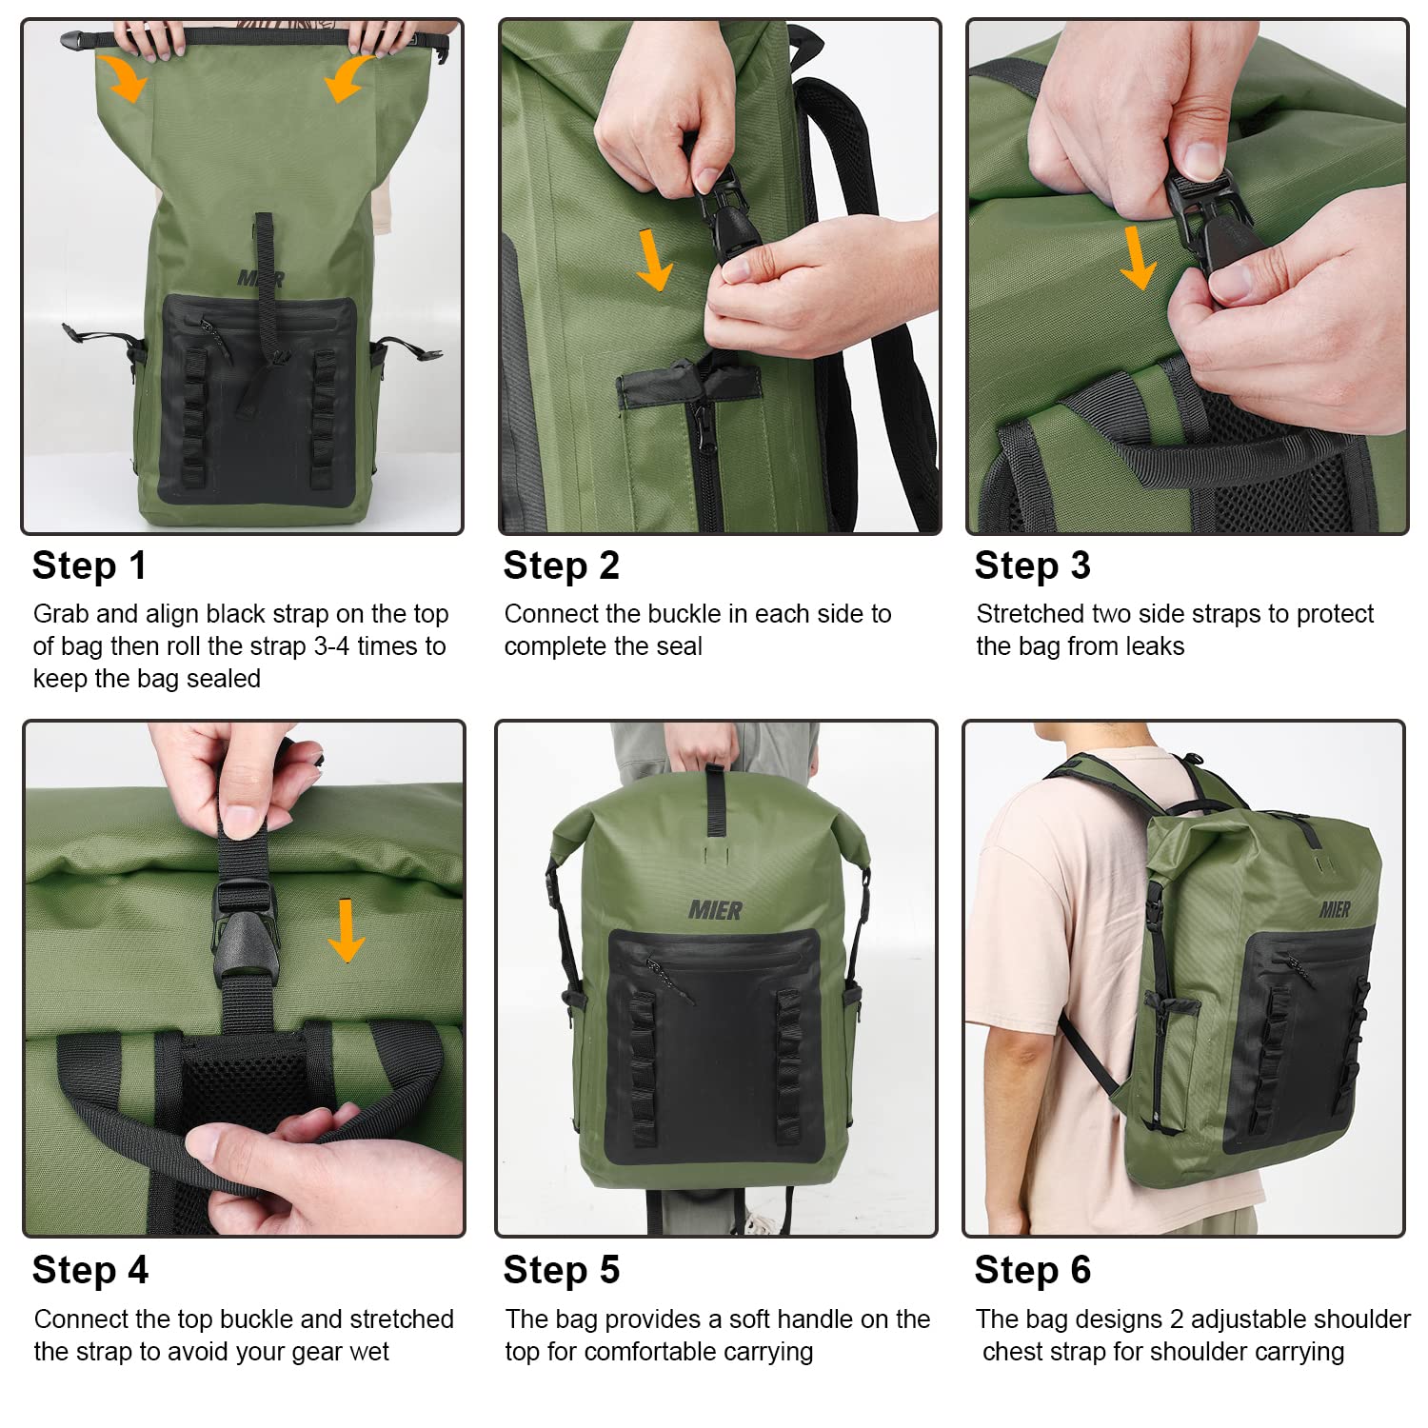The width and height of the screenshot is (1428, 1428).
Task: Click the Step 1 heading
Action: (89, 565)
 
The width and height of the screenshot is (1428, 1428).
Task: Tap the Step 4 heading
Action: (90, 1270)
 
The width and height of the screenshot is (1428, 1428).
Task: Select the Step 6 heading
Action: (1032, 1270)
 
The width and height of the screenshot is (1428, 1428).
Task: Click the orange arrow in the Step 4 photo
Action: (346, 930)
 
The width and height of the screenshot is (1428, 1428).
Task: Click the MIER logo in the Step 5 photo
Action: (715, 911)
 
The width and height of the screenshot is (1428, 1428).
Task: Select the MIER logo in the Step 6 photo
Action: (1335, 910)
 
